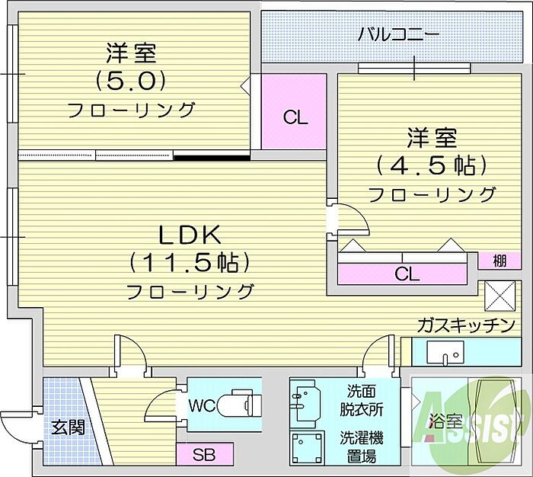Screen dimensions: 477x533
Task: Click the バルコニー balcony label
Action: (398, 35)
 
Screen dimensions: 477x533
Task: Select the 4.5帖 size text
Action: (431, 164)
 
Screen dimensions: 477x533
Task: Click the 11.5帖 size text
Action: (190, 262)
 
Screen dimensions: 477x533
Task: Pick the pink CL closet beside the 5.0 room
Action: (295, 117)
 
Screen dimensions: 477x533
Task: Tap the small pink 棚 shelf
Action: (498, 261)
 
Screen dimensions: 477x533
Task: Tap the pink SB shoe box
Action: (203, 456)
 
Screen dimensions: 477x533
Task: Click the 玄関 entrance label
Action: (63, 427)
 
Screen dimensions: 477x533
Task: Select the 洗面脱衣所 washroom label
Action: (360, 401)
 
